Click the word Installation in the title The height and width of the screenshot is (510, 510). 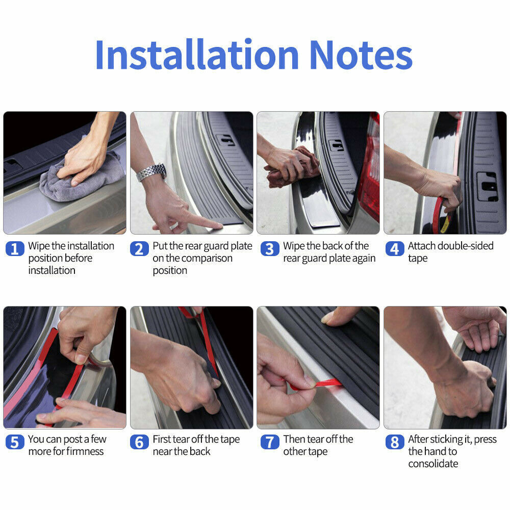click(x=197, y=54)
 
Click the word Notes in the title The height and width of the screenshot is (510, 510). click(x=361, y=55)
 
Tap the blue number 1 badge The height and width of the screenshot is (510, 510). click(x=15, y=249)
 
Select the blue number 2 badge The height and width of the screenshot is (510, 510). click(x=139, y=249)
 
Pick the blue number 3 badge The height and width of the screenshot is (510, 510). click(x=270, y=249)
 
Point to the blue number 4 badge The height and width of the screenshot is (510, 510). click(x=395, y=249)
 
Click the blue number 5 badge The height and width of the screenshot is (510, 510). click(x=15, y=442)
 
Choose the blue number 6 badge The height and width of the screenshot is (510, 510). click(x=139, y=442)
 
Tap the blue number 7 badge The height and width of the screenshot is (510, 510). click(x=270, y=442)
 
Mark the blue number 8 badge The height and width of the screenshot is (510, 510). click(x=395, y=442)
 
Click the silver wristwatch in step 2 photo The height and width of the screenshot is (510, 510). click(x=151, y=172)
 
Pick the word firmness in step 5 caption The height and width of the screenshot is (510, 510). click(x=85, y=451)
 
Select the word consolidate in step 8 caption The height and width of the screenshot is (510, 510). click(x=433, y=464)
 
